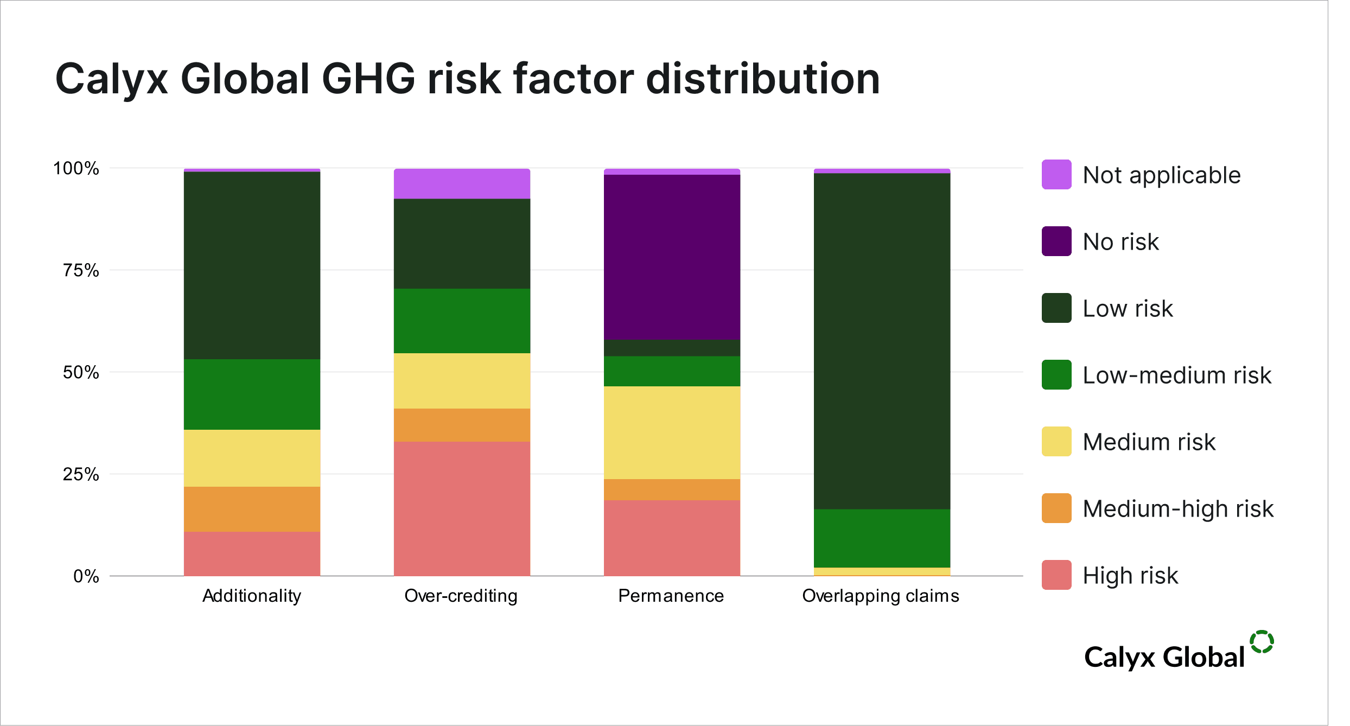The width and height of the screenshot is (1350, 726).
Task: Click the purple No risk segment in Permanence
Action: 672,257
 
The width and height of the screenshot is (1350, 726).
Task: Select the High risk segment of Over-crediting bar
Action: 462,508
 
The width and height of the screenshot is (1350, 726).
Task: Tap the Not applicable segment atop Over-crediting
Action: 462,184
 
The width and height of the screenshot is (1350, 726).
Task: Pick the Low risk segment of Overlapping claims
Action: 882,341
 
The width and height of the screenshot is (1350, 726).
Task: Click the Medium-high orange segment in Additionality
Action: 252,509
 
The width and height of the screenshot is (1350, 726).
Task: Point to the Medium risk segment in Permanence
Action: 672,432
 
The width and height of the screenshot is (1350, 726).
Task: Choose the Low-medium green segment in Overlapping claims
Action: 882,538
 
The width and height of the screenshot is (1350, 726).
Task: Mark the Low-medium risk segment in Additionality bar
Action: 252,394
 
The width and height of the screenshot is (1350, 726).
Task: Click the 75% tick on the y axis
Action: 81,270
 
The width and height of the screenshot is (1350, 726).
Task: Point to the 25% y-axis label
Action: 81,474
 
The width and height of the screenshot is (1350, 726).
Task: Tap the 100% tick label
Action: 76,168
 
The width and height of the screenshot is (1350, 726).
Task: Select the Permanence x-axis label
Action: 671,596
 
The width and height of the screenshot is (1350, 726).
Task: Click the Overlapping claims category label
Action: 881,596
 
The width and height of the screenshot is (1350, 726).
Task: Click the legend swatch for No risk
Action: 1056,241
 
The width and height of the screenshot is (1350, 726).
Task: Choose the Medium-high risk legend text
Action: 1178,509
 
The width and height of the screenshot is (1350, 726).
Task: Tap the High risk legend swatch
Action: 1056,575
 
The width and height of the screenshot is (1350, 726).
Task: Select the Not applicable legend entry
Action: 1161,175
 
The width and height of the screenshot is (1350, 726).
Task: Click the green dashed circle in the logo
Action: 1262,642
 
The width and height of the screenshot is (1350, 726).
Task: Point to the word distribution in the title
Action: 763,79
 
